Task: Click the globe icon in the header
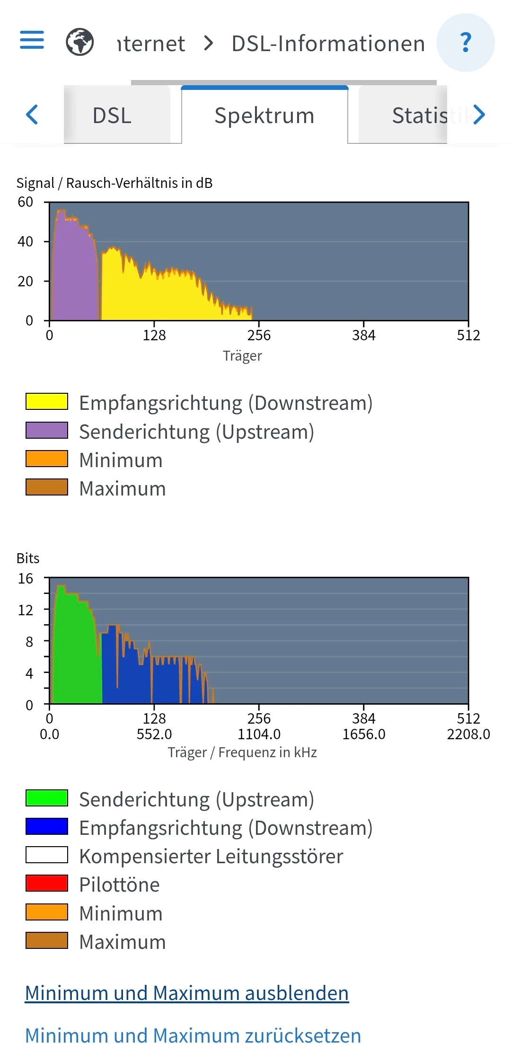click(79, 42)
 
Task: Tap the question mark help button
click(466, 43)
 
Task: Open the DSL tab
click(112, 115)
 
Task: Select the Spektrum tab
click(264, 115)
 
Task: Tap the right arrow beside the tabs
click(479, 115)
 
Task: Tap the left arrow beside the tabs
click(32, 115)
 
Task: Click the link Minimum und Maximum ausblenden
click(187, 993)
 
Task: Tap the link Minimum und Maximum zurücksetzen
click(193, 1035)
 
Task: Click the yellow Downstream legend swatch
click(47, 401)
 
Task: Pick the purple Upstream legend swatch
click(47, 430)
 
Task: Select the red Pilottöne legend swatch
click(47, 883)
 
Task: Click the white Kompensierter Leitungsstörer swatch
click(47, 855)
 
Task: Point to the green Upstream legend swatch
click(47, 798)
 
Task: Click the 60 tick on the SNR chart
click(26, 202)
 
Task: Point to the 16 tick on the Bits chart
click(26, 578)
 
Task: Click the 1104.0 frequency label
click(259, 734)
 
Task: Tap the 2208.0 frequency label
click(468, 734)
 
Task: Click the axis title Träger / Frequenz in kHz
click(242, 752)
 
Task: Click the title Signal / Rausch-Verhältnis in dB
click(115, 183)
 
